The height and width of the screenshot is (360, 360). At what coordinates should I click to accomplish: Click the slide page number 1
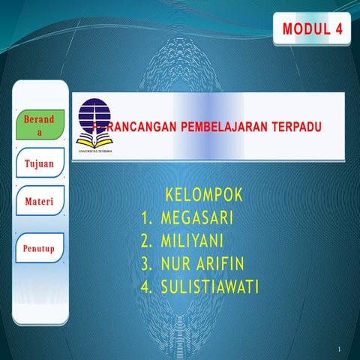(340, 349)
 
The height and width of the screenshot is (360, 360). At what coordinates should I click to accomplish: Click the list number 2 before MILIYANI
(146, 241)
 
